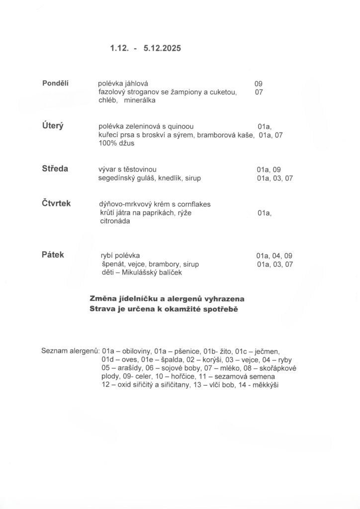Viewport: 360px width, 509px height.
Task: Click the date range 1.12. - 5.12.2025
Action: click(x=145, y=49)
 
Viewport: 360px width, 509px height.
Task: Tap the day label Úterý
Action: click(x=52, y=125)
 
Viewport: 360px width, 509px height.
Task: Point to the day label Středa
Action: click(x=55, y=169)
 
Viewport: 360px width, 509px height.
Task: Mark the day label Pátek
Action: click(x=53, y=254)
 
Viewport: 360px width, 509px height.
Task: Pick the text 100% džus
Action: click(x=116, y=143)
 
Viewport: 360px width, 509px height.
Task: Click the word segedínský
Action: click(x=117, y=178)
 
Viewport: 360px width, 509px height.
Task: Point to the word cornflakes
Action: click(x=200, y=204)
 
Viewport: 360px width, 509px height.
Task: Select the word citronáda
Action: click(x=115, y=221)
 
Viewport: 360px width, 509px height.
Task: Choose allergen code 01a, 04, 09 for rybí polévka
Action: click(x=274, y=256)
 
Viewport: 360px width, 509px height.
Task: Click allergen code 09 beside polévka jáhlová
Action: click(x=258, y=84)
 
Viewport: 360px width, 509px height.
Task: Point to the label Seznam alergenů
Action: click(x=70, y=351)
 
